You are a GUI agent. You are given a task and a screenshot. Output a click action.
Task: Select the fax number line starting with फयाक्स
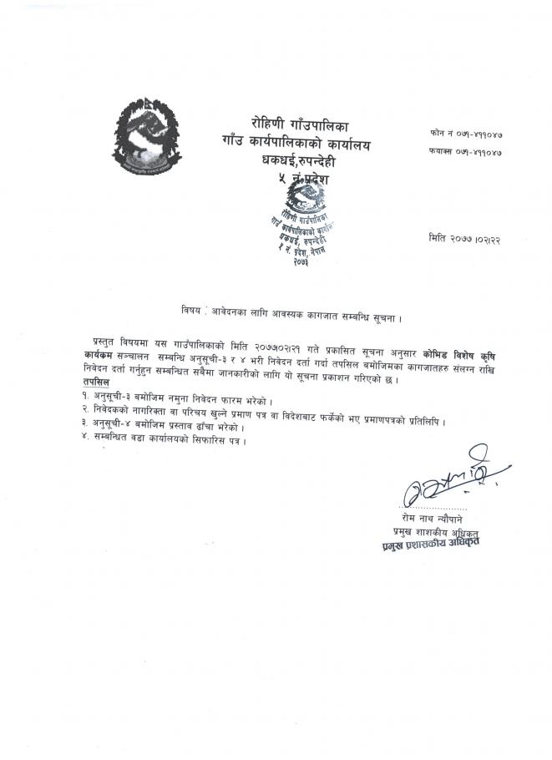[x=466, y=155]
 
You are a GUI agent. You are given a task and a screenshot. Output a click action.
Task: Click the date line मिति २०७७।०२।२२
[x=465, y=238]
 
